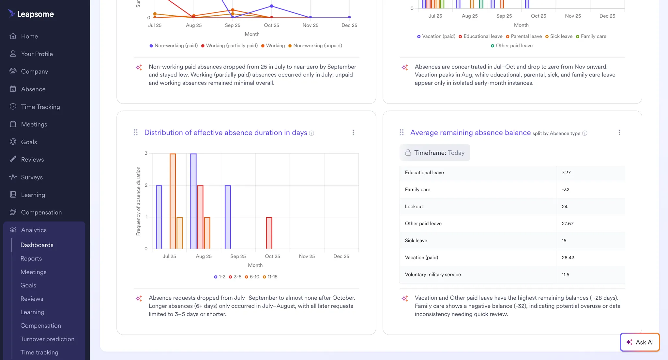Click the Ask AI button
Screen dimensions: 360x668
640,342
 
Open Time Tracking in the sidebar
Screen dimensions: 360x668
40,107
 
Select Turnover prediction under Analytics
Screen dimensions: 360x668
47,339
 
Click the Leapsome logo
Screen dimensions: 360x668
31,14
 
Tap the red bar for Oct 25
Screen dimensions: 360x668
269,233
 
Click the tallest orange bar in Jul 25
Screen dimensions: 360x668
173,201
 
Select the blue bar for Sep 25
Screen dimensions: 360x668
228,217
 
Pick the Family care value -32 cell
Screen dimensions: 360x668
566,190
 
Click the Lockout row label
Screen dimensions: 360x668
414,207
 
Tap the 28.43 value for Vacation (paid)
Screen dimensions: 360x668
568,258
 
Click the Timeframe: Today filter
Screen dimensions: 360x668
435,153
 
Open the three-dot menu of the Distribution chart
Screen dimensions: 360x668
353,132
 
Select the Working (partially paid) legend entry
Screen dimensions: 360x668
229,46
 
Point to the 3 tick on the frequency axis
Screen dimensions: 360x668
146,153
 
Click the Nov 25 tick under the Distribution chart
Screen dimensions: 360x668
307,256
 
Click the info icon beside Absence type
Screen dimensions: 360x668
584,133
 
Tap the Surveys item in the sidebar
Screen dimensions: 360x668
32,177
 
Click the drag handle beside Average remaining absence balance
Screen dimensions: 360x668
402,132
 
